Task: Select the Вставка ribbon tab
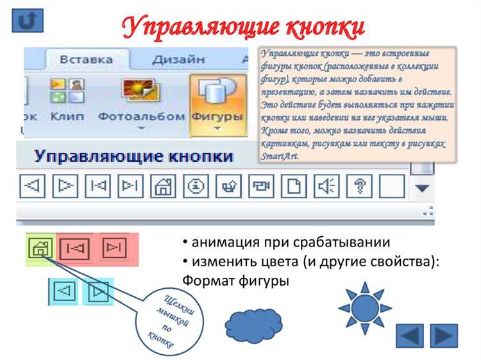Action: tap(86, 60)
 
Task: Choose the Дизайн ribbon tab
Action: tap(178, 60)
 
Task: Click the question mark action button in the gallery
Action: tap(359, 186)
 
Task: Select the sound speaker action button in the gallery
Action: tap(326, 186)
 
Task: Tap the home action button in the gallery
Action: tap(163, 186)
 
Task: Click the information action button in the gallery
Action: tap(196, 186)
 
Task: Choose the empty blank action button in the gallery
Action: tap(391, 186)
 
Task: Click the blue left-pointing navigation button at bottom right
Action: tap(410, 336)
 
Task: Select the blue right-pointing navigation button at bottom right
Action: tap(443, 336)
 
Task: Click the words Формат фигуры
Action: tap(235, 280)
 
